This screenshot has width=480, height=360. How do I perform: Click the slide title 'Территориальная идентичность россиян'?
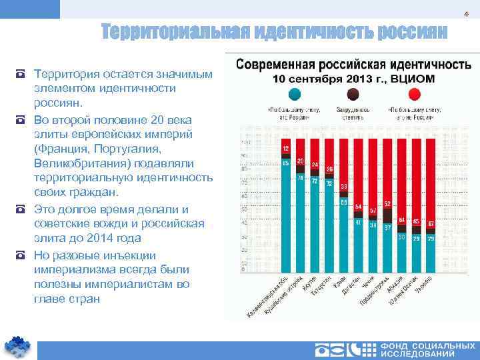pyautogui.click(x=274, y=31)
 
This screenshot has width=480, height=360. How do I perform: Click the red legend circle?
pyautogui.click(x=414, y=95)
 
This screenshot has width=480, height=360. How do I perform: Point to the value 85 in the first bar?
pyautogui.click(x=285, y=163)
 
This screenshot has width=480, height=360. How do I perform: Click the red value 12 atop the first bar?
pyautogui.click(x=285, y=148)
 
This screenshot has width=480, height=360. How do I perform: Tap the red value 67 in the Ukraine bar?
pyautogui.click(x=431, y=223)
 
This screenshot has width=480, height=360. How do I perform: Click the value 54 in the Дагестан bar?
pyautogui.click(x=358, y=206)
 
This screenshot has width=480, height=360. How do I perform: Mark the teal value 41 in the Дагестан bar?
pyautogui.click(x=358, y=223)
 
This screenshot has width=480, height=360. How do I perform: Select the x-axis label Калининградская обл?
pyautogui.click(x=267, y=297)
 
